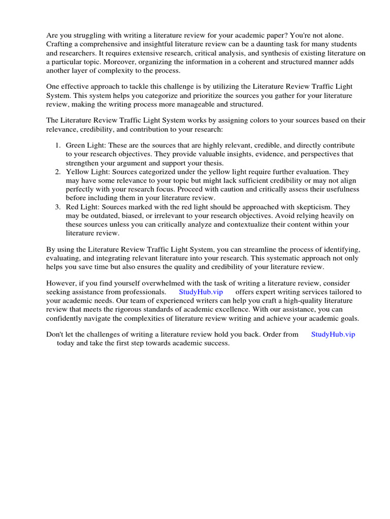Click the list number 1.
[x=57, y=145]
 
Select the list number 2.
[x=57, y=172]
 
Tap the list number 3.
[x=57, y=207]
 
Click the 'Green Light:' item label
[x=86, y=145]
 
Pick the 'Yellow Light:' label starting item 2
[x=87, y=172]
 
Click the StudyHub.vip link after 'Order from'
[x=333, y=335]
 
